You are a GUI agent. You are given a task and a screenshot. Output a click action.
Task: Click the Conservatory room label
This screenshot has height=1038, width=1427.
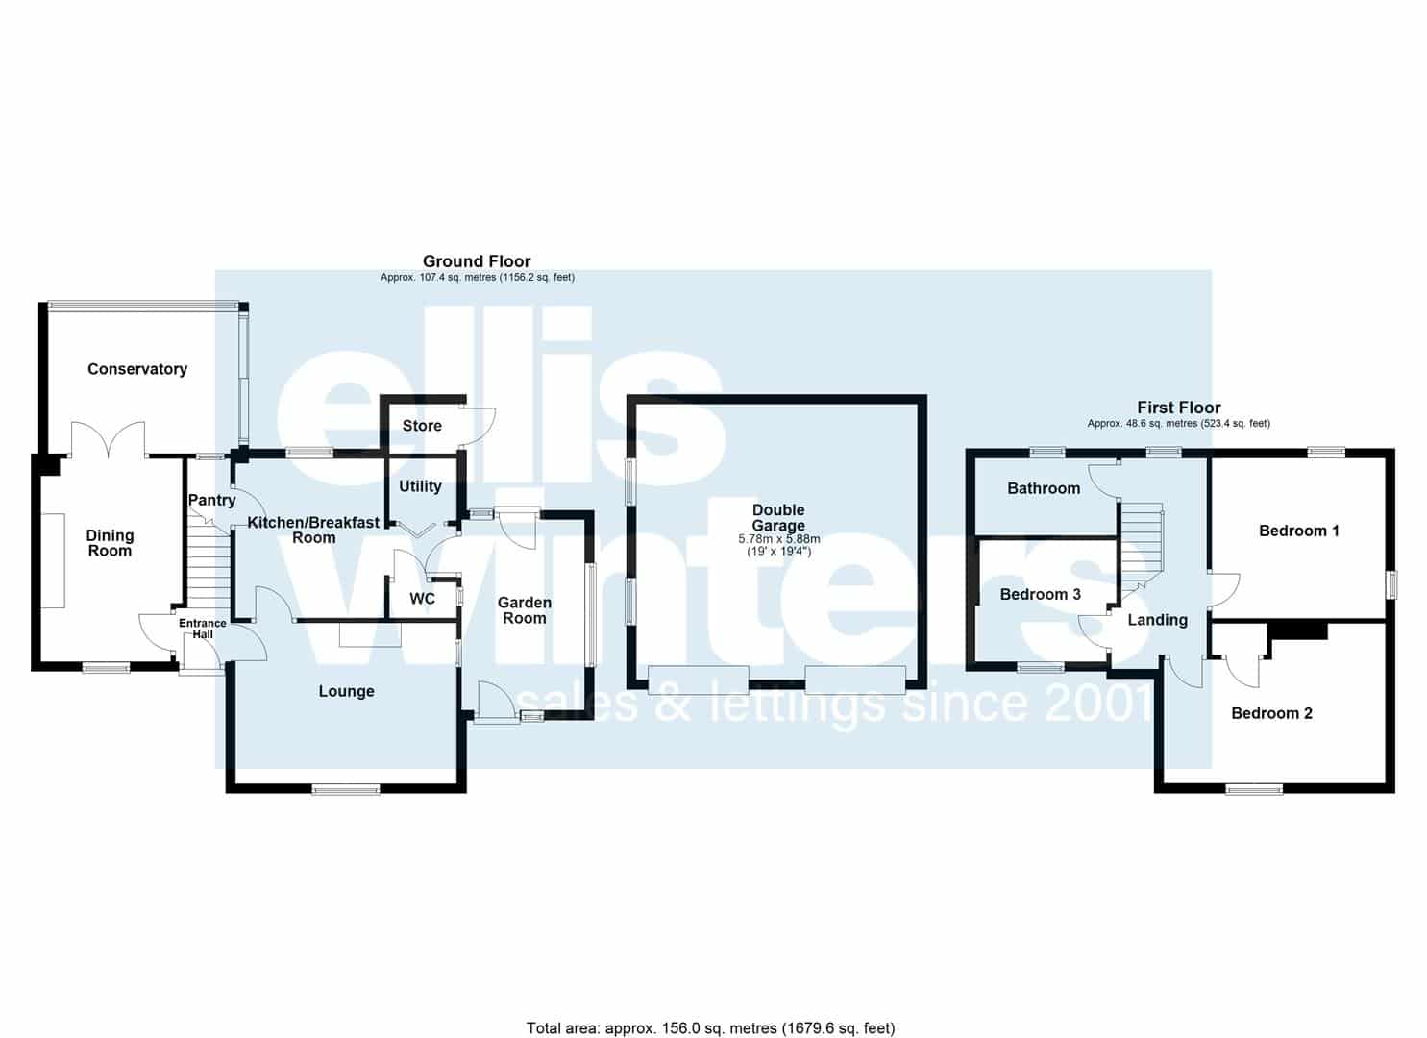click(137, 369)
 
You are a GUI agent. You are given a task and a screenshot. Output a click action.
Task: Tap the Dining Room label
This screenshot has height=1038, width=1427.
click(110, 543)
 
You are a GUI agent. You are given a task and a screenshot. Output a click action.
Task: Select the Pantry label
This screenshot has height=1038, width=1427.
click(212, 500)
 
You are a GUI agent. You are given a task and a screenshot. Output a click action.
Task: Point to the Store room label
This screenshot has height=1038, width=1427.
click(422, 426)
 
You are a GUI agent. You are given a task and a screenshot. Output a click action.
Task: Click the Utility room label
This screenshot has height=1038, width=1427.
click(420, 486)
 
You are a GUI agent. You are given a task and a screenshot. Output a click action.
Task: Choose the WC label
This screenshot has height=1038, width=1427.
click(423, 599)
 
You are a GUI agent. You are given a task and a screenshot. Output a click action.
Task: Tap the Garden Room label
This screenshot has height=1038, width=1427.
click(525, 609)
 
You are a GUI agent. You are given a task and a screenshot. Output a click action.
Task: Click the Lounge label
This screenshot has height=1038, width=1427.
click(347, 691)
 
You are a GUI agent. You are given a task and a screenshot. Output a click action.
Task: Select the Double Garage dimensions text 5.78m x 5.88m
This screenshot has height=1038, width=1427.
click(779, 539)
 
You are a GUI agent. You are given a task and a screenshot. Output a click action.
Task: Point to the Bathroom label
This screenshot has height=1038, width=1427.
click(1044, 489)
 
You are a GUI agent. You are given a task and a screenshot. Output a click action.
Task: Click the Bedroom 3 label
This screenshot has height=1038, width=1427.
click(1041, 595)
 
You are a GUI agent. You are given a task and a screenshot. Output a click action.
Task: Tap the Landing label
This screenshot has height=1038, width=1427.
click(1158, 620)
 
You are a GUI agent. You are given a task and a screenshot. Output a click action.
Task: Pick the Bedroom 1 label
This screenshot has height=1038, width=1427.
click(1299, 531)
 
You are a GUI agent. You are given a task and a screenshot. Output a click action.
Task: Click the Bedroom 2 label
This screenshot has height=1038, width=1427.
click(1271, 713)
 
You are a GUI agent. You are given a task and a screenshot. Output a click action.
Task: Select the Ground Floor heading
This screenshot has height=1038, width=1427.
click(477, 261)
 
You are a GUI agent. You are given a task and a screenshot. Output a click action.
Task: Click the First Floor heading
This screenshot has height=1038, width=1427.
click(1179, 408)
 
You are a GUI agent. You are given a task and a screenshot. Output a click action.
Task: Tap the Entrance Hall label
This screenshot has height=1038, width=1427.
click(203, 629)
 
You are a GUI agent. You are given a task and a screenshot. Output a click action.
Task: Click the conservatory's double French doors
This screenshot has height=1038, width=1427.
click(109, 439)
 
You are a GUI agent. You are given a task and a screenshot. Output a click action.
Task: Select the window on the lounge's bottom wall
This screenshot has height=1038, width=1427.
click(346, 790)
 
